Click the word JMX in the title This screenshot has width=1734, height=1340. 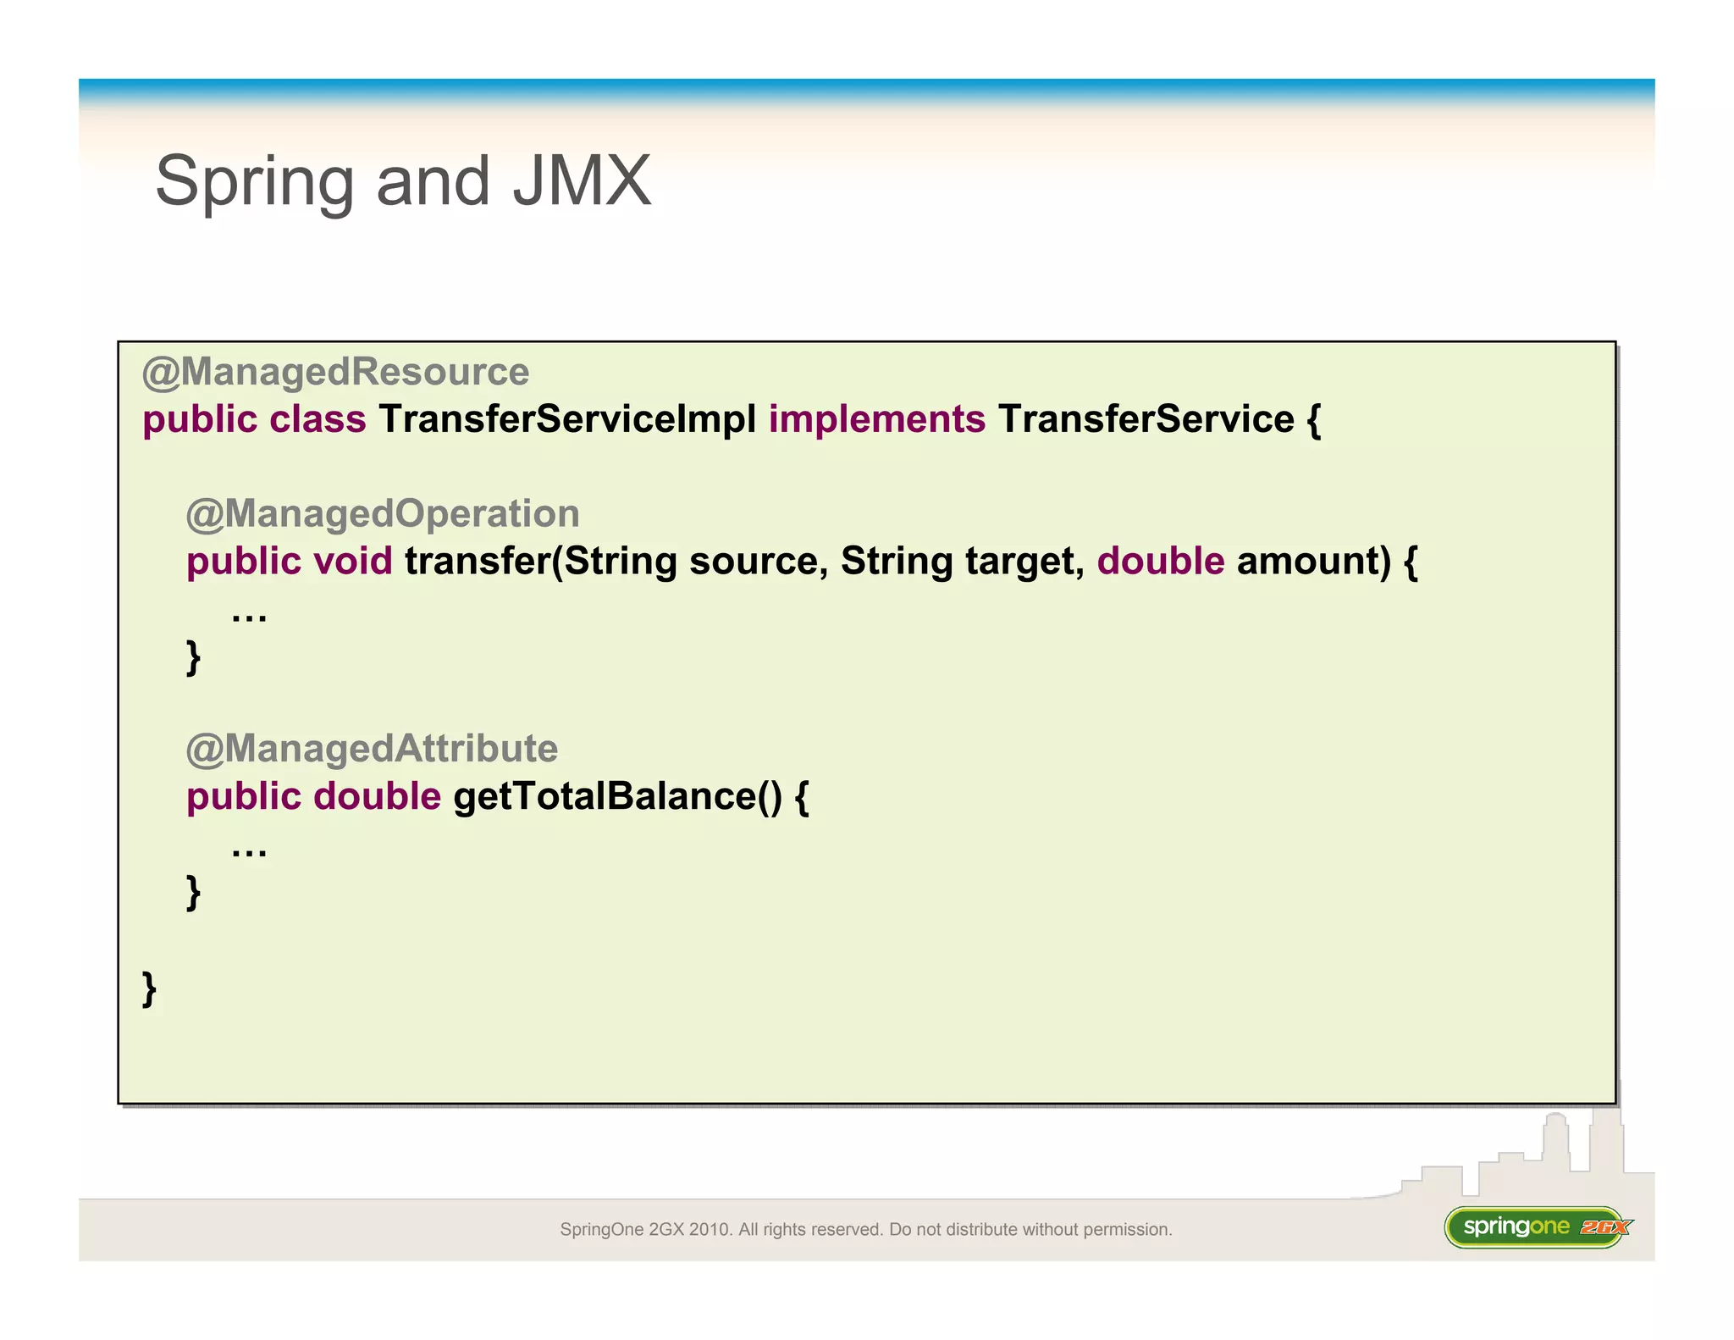point(582,181)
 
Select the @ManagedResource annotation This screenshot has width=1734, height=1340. point(335,372)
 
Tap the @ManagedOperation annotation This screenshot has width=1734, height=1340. point(383,513)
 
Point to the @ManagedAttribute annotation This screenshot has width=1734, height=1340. point(372,749)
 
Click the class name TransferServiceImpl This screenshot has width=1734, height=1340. point(567,419)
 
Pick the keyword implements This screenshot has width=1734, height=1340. point(876,419)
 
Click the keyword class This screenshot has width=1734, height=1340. point(318,419)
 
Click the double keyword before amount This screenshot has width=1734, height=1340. point(1160,561)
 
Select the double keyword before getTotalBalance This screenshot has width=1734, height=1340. point(377,796)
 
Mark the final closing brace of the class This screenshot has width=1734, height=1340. point(150,988)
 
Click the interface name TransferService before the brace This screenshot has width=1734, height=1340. point(1146,419)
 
